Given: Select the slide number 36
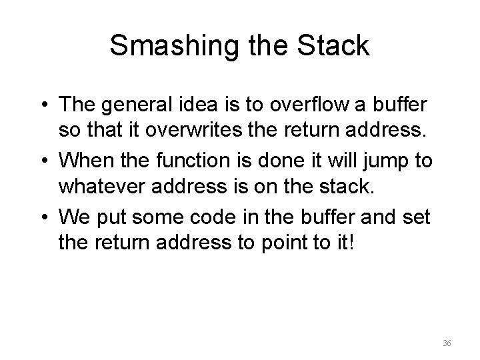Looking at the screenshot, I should [447, 343].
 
